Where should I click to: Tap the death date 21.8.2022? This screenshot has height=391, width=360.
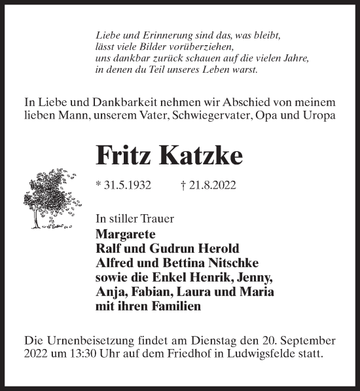pyautogui.click(x=209, y=186)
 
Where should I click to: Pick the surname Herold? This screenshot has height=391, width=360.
pyautogui.click(x=216, y=250)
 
